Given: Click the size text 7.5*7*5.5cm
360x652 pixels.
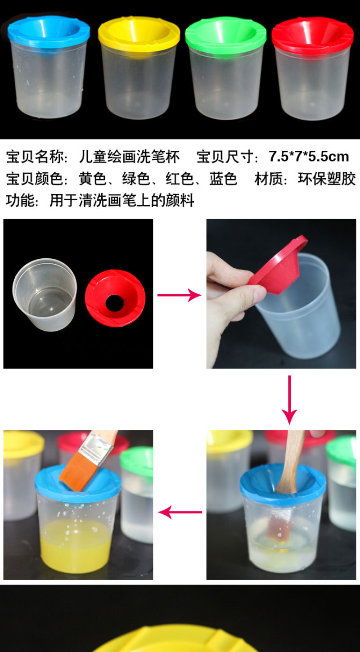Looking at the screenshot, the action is point(309,157).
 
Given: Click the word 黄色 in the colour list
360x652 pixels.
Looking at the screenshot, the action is point(93,179).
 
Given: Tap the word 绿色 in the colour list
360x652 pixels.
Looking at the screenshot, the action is point(136,179).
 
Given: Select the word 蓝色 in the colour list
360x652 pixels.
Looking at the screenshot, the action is point(223,179).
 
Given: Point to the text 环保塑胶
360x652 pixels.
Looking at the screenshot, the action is point(327,179).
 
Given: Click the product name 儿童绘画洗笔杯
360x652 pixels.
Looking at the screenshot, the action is point(129,157).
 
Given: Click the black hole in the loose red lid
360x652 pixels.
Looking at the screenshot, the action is point(114,303).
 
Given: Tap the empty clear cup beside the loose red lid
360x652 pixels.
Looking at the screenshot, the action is point(45,295).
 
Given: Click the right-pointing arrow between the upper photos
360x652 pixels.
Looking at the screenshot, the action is point(179,295).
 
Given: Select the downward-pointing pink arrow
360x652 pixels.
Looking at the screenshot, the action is point(289,400).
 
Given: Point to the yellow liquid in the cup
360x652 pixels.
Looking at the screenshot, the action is point(75,547).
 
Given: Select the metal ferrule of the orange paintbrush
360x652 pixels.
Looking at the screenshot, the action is point(94,449).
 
